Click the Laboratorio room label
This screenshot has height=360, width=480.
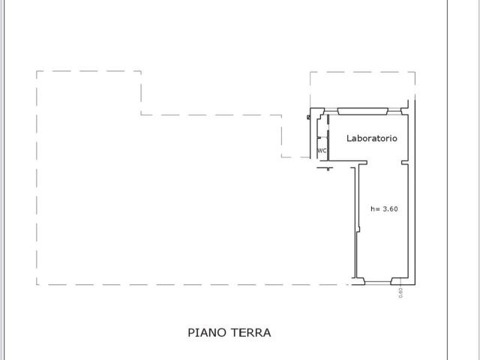(x=371, y=139)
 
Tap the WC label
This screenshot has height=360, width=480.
(x=322, y=151)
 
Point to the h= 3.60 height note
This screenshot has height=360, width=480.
(x=384, y=209)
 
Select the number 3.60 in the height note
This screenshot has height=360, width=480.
(x=390, y=209)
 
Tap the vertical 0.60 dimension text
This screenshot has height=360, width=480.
(x=400, y=292)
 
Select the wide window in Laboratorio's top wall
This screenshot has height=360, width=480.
(x=363, y=111)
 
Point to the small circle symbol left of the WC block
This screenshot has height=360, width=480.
(x=308, y=117)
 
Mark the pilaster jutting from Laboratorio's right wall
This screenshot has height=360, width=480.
(x=405, y=163)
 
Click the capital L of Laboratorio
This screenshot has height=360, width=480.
(x=348, y=139)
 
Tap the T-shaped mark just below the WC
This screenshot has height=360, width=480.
(x=327, y=168)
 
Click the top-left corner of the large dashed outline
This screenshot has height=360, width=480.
(x=37, y=71)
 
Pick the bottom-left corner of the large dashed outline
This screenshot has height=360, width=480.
(x=37, y=284)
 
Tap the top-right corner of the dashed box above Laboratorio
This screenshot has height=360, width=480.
(x=415, y=72)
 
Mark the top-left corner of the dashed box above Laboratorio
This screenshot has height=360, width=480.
(x=310, y=72)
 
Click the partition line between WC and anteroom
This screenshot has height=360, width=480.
(x=321, y=140)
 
